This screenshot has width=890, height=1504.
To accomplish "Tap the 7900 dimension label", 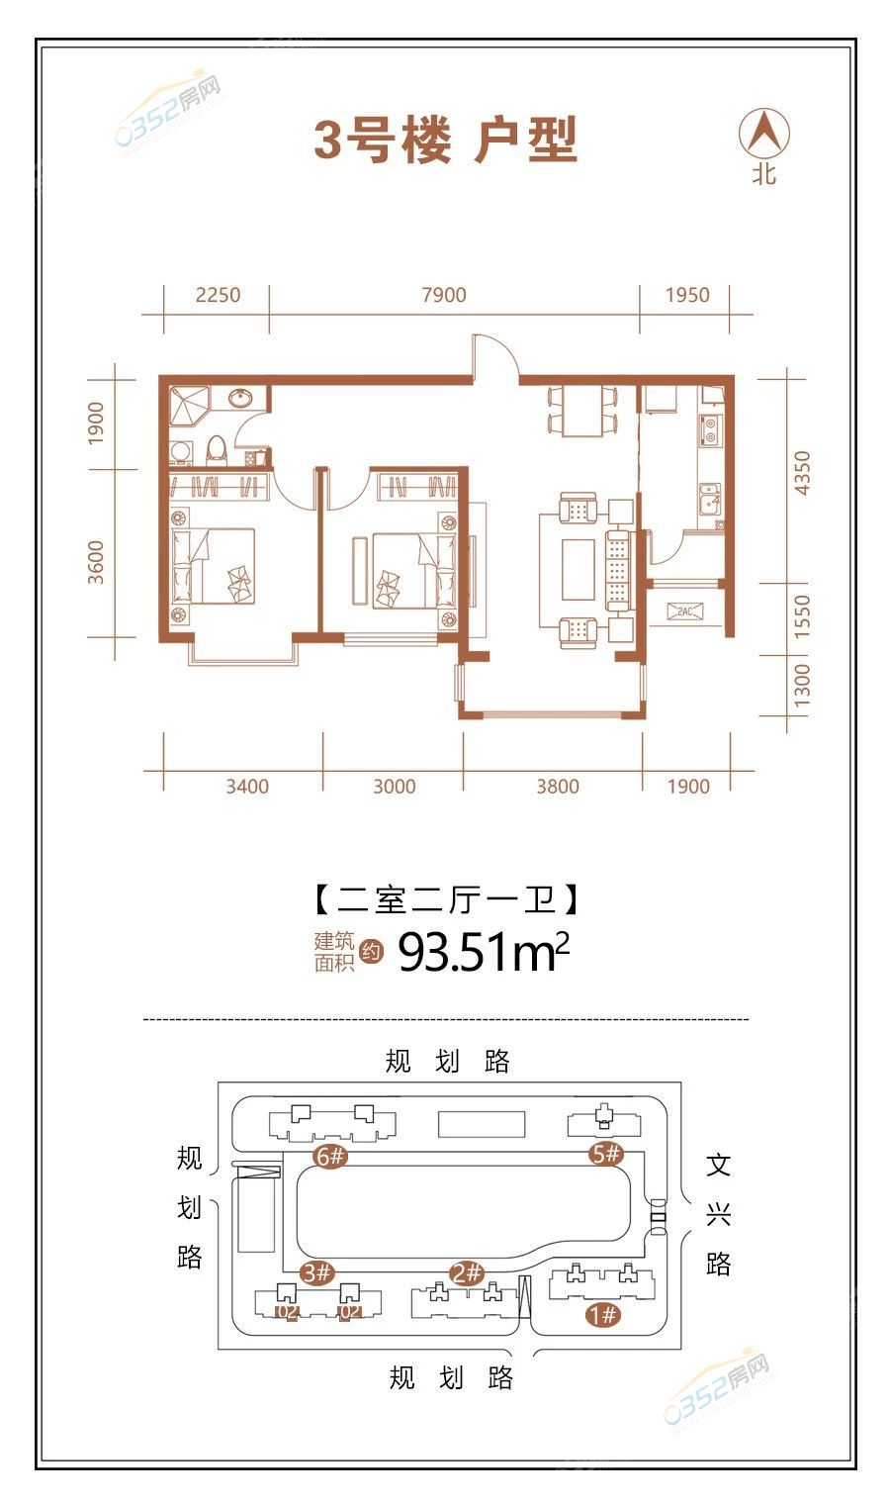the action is [444, 295].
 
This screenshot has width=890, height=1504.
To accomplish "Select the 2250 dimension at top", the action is [218, 295].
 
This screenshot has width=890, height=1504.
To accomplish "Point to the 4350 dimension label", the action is [802, 473].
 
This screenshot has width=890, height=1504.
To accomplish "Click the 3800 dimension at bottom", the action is [557, 787].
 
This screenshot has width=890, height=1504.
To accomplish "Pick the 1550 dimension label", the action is [802, 615].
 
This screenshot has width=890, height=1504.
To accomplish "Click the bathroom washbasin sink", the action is [241, 398].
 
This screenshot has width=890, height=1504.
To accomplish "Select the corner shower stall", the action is [189, 405].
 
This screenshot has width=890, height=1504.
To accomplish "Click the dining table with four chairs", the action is [581, 411].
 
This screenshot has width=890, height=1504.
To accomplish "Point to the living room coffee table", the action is [578, 570].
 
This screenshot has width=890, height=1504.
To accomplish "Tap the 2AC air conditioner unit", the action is [684, 611].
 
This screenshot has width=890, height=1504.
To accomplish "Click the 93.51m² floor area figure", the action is [484, 952].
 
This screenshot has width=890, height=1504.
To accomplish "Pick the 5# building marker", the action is [606, 1154].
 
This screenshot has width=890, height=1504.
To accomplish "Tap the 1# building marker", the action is [603, 1313].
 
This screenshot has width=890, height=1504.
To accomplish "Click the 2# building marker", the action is [467, 1272].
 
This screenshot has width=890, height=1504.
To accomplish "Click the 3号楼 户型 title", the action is [446, 141].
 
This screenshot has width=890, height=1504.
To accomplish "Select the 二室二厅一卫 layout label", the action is [446, 899].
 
